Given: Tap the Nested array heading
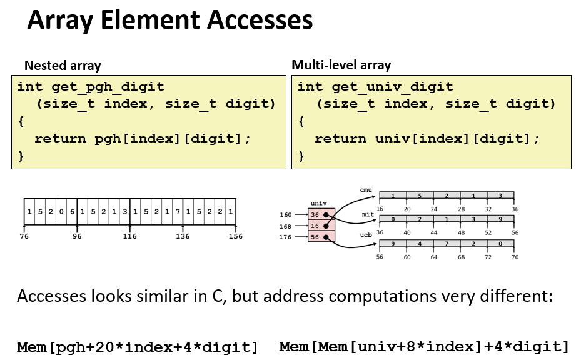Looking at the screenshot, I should (62, 66).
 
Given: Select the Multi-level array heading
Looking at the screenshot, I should (341, 65).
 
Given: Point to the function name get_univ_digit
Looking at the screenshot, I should (393, 86).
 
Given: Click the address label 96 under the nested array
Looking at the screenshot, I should (76, 237).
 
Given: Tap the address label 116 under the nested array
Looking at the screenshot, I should (129, 237).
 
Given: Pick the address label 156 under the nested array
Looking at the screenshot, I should (235, 237).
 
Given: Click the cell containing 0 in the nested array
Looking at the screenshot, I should (61, 212).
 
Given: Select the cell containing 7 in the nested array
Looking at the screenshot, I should (178, 212).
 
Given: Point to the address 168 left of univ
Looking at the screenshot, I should (286, 226).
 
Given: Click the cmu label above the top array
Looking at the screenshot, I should (366, 189).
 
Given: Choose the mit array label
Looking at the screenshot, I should (368, 214).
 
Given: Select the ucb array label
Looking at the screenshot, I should (366, 236).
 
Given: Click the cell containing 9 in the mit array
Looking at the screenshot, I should (500, 219).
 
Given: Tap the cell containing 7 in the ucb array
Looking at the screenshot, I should (447, 244).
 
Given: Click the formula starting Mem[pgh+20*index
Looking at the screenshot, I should (138, 347).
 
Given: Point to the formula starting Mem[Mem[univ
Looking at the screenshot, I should (425, 347).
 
